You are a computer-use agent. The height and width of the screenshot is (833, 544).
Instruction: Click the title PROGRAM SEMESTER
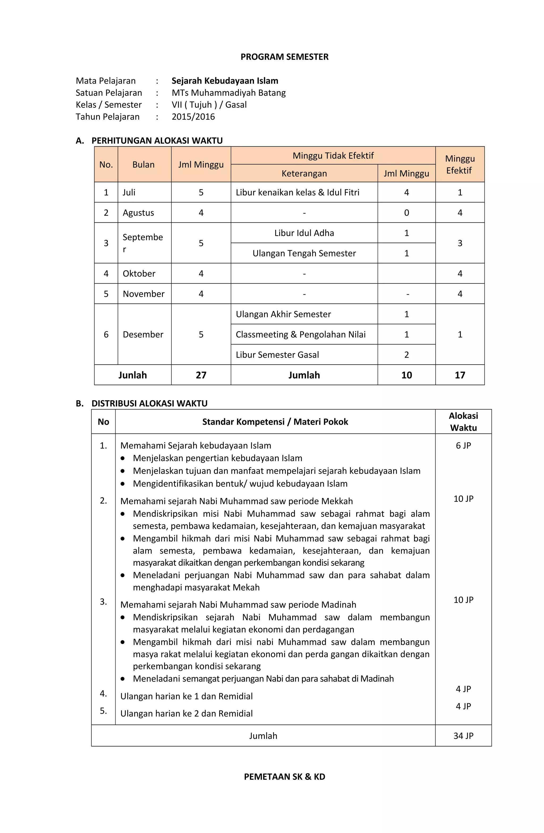coord(284,57)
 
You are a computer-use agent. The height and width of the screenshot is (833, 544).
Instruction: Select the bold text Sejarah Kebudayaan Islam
coord(224,81)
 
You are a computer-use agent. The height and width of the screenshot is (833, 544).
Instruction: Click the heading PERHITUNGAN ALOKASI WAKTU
coord(157,140)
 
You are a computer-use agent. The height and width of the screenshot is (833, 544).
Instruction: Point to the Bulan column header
coord(143,165)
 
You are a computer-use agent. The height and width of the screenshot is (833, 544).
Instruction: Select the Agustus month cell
coord(138,213)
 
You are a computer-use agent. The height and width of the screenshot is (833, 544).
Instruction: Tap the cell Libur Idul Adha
coord(304,233)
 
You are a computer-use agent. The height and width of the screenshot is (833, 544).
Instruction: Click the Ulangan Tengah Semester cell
coord(304,253)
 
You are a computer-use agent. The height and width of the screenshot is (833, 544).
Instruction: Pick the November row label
coord(143,294)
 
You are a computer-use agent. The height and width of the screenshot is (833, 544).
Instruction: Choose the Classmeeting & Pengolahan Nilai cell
coord(300,335)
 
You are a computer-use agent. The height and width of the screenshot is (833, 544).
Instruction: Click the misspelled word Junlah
coord(133,375)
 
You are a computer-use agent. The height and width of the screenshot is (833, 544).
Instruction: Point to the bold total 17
coord(460,375)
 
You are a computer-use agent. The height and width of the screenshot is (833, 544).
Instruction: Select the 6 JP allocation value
coord(463,445)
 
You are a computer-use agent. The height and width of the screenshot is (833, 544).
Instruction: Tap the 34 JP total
coord(463,736)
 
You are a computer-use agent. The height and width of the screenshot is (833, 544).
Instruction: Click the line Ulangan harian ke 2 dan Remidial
coord(186,713)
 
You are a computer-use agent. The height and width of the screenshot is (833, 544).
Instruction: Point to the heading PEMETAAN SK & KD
coord(284,777)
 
